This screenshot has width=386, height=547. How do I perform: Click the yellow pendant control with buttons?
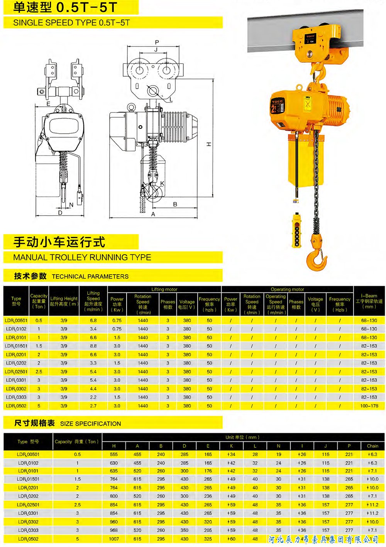[x=297, y=230]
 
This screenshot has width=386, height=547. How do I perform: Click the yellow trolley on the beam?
[x=318, y=45]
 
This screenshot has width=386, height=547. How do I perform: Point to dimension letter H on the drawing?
[x=209, y=144]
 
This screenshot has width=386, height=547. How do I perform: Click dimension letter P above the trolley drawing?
[x=157, y=42]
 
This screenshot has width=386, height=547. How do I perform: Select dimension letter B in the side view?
[x=175, y=204]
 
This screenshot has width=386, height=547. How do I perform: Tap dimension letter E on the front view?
[x=48, y=104]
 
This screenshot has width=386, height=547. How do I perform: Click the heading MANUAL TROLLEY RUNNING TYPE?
[x=82, y=257]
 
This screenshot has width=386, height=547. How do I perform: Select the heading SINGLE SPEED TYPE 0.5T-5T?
[x=71, y=23]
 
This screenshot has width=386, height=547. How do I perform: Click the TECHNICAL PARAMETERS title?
[x=90, y=277]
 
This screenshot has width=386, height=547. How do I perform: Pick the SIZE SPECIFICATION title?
[x=90, y=424]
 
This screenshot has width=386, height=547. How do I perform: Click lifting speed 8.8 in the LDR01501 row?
[x=93, y=346]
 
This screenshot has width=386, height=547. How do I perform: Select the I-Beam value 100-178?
[x=369, y=406]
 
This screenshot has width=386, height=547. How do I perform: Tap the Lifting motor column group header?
[x=164, y=289]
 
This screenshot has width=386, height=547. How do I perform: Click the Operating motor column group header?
[x=287, y=289]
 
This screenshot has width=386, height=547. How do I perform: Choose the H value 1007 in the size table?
[x=114, y=539]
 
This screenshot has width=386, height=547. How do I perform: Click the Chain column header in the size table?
[x=372, y=446]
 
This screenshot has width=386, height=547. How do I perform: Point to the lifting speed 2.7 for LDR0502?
[x=93, y=406]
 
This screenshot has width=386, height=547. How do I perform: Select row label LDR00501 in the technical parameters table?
[x=16, y=320]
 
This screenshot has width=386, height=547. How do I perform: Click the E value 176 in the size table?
[x=208, y=471]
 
